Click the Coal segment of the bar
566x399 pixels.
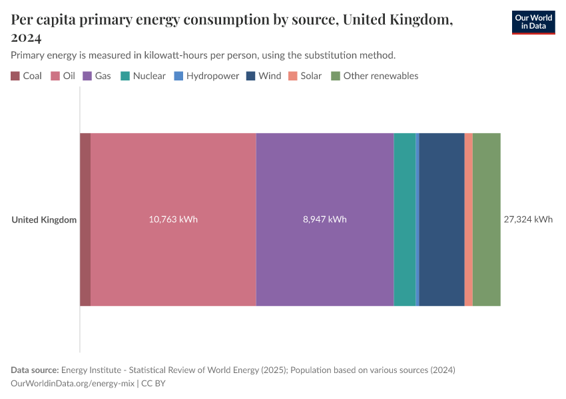coord(85,219)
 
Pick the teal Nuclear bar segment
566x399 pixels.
coord(404,219)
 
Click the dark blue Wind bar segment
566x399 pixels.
coord(441,219)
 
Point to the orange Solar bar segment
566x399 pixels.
coord(469,219)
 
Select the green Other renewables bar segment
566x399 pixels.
coord(487,219)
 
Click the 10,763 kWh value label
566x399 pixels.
coord(173,219)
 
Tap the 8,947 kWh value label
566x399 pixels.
coord(324,219)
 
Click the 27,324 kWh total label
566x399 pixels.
coord(528,219)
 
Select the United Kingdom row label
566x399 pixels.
coord(44,219)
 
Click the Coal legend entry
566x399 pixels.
coord(27,76)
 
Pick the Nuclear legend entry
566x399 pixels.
coord(143,76)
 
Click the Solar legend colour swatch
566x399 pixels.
coord(293,76)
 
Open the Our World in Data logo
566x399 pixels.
coord(533,23)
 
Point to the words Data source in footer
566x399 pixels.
coord(35,370)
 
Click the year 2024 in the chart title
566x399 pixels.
coord(27,37)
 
